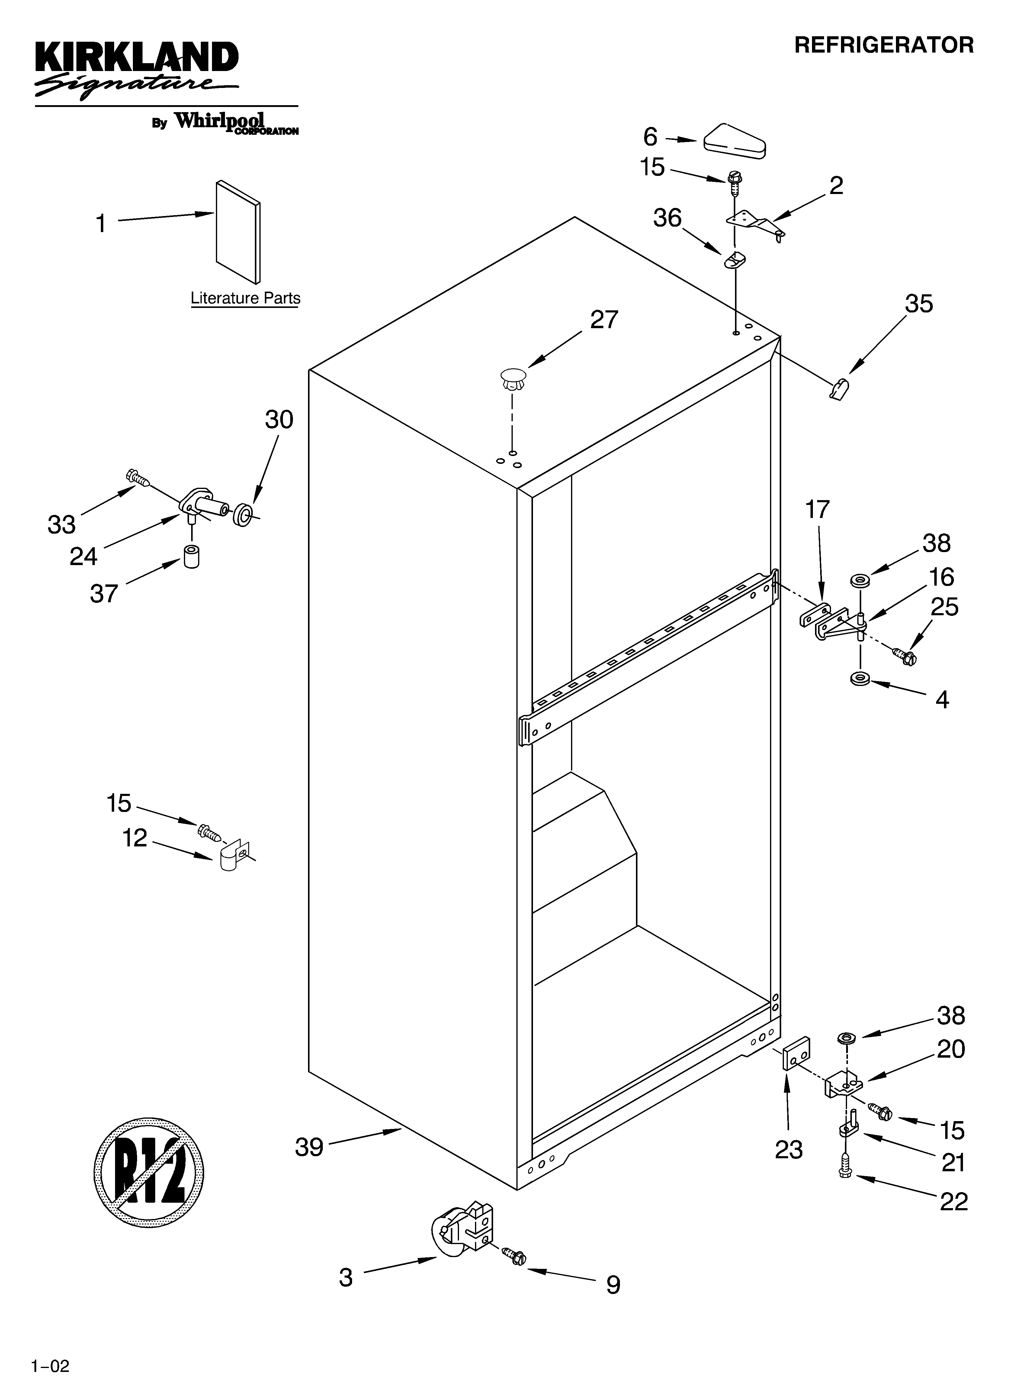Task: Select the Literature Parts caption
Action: click(x=245, y=298)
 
